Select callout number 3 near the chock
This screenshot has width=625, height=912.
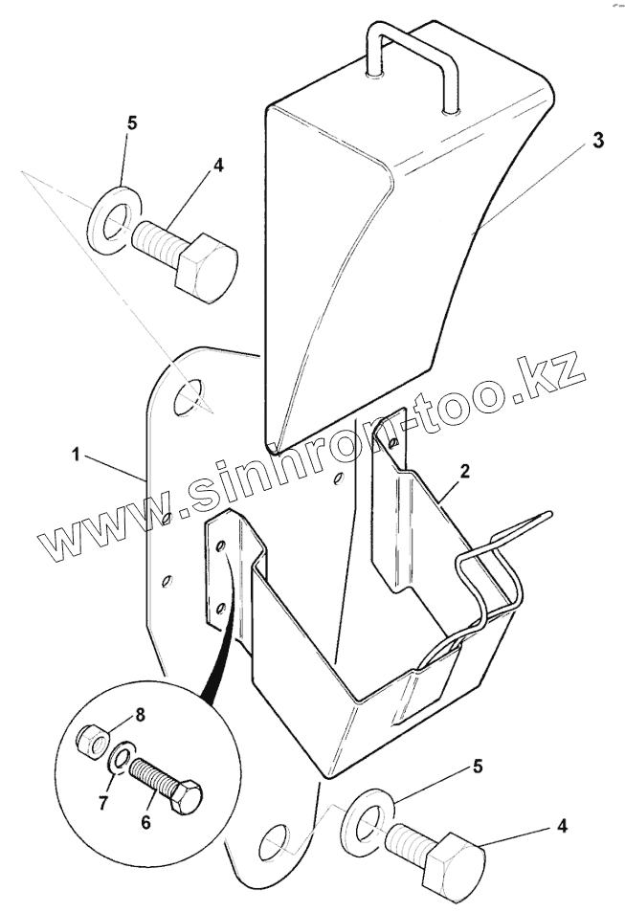[596, 141]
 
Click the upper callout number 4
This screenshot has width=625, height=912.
[218, 165]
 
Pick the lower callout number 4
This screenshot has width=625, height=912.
[562, 824]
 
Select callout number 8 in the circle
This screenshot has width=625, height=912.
[140, 714]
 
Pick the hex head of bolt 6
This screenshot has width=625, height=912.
[186, 795]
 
